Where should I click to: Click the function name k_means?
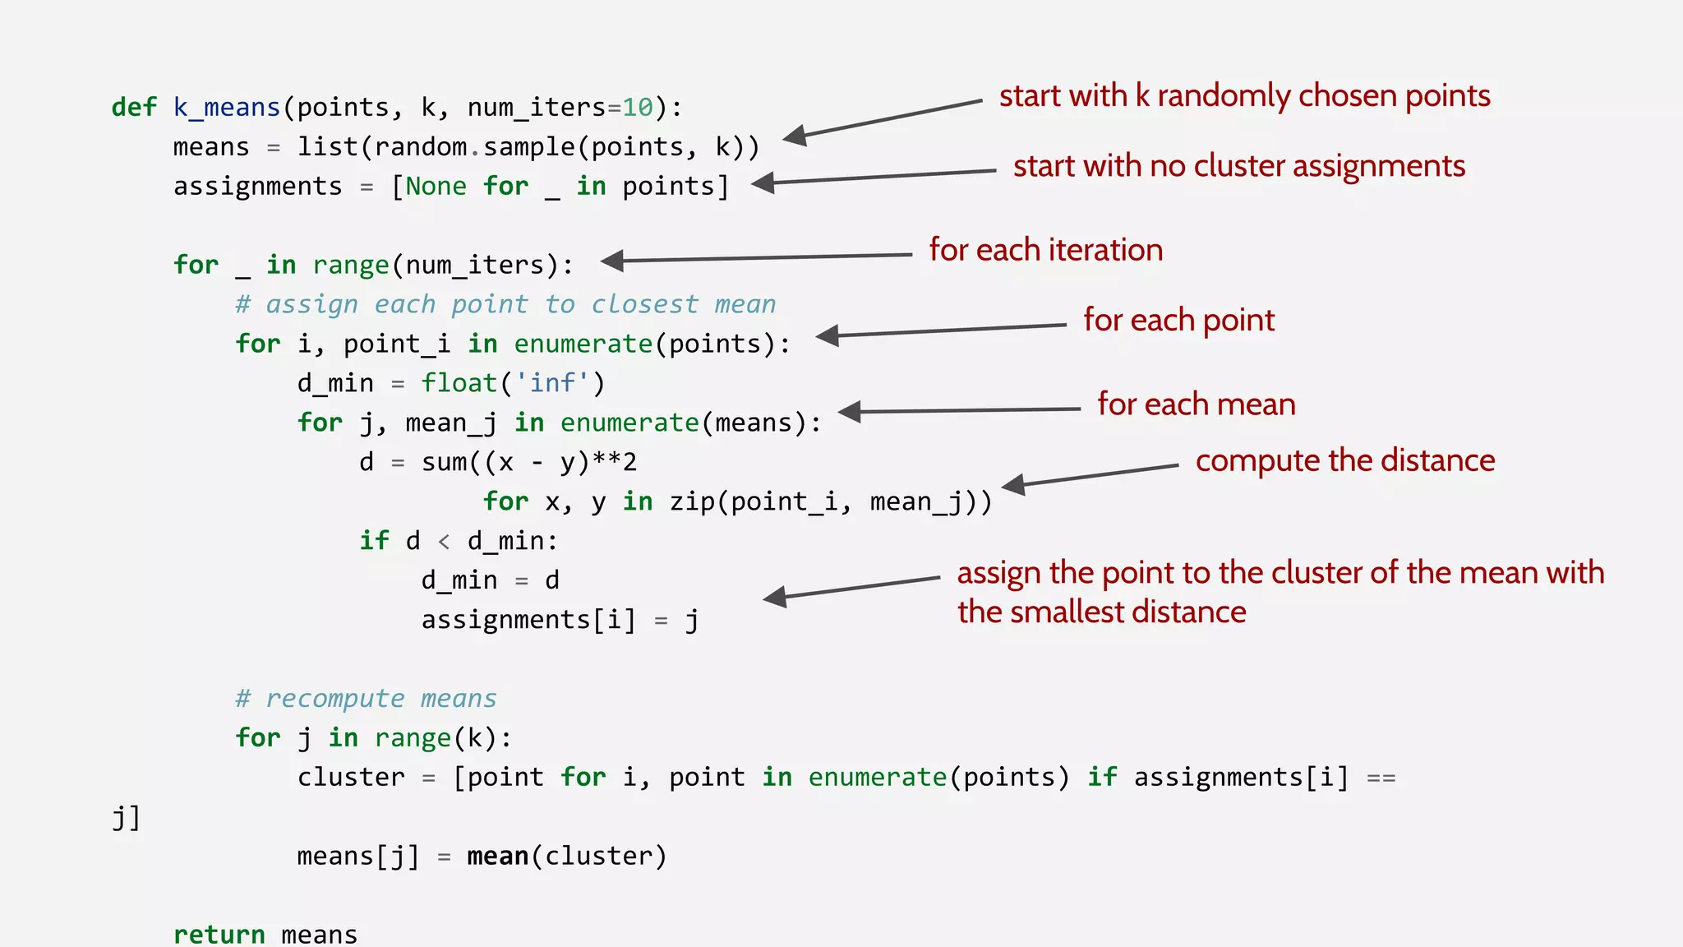[227, 108]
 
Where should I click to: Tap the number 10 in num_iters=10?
[637, 108]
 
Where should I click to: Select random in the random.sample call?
[421, 147]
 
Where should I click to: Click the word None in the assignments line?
[436, 187]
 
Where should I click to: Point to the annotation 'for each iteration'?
[1045, 250]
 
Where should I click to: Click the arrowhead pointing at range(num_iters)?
[613, 261]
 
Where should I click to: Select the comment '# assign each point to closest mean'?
[505, 304]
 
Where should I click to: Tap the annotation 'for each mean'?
[1196, 404]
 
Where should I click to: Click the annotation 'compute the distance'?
[1344, 460]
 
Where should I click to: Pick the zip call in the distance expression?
[692, 501]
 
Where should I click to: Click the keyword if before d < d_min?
[374, 541]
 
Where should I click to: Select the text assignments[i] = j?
[560, 620]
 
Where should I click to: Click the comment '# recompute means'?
[366, 699]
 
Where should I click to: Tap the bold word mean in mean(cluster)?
[497, 857]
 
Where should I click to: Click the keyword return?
[219, 935]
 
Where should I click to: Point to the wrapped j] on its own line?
[126, 817]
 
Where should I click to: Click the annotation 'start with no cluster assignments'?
[1238, 166]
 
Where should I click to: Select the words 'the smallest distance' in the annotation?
[1101, 612]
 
